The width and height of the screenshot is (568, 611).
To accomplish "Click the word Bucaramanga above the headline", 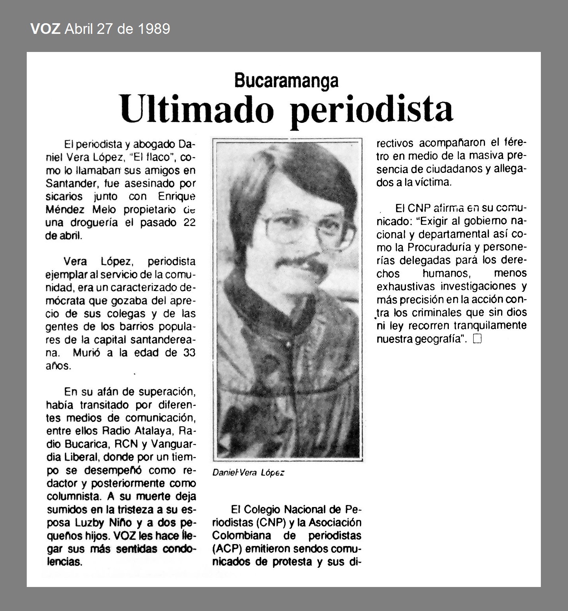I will [x=286, y=81].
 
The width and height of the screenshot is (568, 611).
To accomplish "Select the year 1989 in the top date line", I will [x=154, y=29].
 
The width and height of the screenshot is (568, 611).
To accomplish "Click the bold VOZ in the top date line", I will [x=45, y=29].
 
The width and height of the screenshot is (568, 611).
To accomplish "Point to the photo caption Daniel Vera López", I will [x=248, y=473].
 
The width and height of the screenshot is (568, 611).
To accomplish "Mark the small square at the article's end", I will [x=477, y=339].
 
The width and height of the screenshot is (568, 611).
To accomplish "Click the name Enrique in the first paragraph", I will [x=177, y=196].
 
